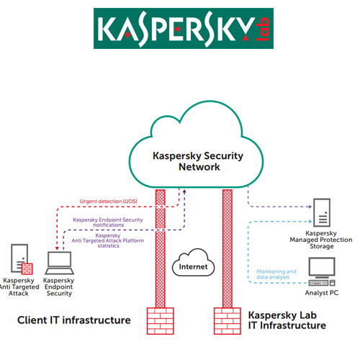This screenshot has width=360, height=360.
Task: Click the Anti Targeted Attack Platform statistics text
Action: tap(108, 243)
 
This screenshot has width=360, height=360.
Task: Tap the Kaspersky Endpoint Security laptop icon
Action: tap(58, 261)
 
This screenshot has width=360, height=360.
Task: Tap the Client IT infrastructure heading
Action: tap(74, 319)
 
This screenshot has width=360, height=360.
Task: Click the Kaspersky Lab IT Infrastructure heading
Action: tap(287, 320)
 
